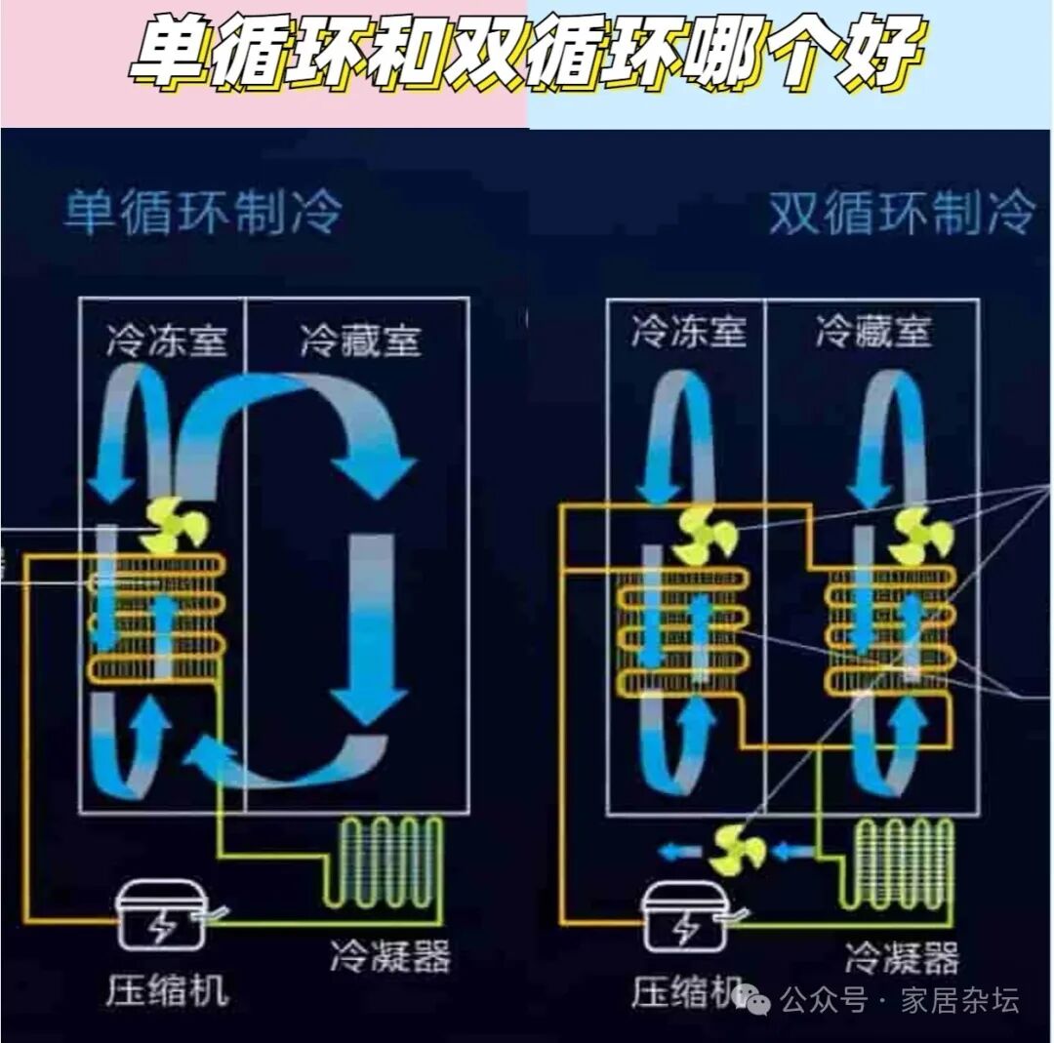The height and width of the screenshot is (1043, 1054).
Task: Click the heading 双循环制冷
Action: [900, 213]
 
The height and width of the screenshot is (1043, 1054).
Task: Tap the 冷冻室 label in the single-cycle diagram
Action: [167, 341]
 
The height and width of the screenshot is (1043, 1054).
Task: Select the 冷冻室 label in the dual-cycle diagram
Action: [688, 332]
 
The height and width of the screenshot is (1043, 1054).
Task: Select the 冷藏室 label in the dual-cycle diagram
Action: [873, 332]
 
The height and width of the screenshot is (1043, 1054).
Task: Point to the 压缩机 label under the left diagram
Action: [166, 989]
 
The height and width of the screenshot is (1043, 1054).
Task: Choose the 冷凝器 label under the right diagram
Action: [901, 957]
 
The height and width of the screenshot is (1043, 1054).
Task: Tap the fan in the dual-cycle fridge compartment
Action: [918, 535]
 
